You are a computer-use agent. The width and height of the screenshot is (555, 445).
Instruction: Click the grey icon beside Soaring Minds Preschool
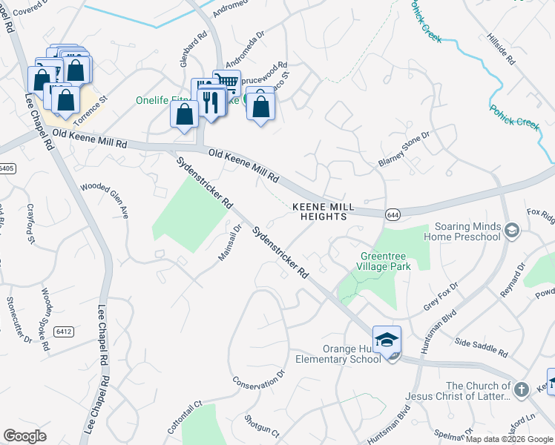pyautogui.click(x=511, y=231)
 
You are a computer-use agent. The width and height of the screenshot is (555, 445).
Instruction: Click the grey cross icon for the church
pyautogui.click(x=522, y=389)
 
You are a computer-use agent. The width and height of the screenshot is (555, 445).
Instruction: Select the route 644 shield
pyautogui.click(x=393, y=214)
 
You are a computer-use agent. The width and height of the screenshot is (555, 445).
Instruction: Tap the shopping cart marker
pyautogui.click(x=227, y=82)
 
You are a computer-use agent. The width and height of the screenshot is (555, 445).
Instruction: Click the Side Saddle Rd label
pyautogui.click(x=480, y=348)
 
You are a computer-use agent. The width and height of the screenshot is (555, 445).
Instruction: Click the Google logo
pyautogui.click(x=25, y=436)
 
